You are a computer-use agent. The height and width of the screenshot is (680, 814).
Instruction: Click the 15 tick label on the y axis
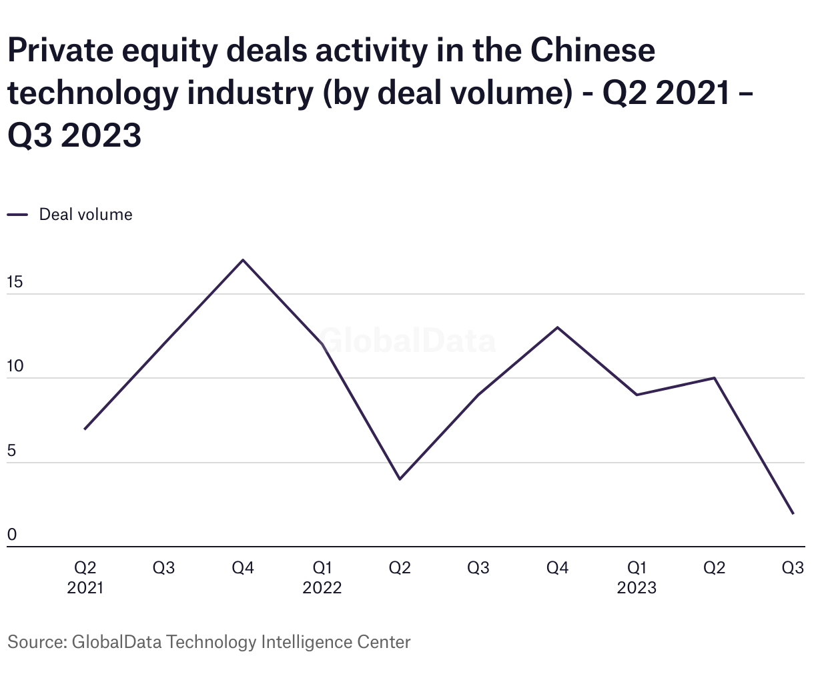[x=15, y=282]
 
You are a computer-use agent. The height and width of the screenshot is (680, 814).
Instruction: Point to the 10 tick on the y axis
[x=15, y=367]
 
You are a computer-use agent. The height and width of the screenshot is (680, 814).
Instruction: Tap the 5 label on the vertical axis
[x=11, y=451]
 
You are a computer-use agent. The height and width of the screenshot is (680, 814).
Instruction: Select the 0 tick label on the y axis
[x=11, y=535]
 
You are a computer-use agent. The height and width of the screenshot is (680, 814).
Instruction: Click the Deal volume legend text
[x=85, y=215]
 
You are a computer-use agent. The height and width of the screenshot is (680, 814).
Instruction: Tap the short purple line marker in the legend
[x=17, y=215]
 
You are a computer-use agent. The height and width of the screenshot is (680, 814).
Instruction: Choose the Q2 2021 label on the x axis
[x=85, y=577]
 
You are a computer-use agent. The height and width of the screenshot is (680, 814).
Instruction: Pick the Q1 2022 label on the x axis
[x=322, y=577]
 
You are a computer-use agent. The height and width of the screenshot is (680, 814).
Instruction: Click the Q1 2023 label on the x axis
[x=637, y=577]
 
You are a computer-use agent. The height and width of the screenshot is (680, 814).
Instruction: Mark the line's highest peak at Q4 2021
[x=243, y=260]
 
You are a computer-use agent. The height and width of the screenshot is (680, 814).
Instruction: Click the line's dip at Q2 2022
[x=400, y=479]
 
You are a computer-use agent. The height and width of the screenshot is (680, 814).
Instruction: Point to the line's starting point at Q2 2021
[x=85, y=429]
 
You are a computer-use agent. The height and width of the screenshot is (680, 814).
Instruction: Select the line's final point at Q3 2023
[x=793, y=513]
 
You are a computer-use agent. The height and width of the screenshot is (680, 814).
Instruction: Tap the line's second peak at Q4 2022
[x=557, y=327]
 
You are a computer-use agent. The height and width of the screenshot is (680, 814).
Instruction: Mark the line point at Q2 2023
[x=715, y=378]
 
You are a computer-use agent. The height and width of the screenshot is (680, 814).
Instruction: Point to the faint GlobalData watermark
[x=407, y=341]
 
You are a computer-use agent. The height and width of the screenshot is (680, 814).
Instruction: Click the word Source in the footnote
[x=35, y=642]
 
